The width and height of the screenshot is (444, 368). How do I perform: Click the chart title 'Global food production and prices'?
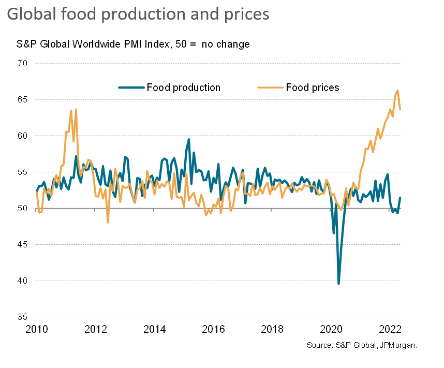(138, 14)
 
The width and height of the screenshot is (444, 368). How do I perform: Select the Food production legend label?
(183, 87)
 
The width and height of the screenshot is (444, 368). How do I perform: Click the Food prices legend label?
(313, 87)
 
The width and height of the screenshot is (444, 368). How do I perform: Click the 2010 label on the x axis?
(36, 329)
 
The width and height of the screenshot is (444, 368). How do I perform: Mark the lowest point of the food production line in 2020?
(338, 284)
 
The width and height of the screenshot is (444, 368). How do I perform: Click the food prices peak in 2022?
(397, 91)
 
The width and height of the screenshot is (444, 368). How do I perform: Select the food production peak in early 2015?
(189, 139)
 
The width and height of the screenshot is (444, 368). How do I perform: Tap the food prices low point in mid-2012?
(108, 223)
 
